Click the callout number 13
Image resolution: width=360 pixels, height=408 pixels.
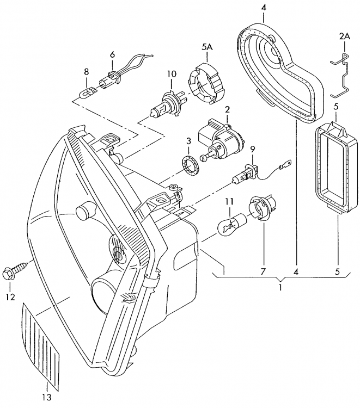click(x=48, y=397)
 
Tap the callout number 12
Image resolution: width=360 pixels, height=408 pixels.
click(x=10, y=297)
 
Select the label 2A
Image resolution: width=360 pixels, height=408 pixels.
click(x=344, y=36)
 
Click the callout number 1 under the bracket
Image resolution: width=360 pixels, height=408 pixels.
click(x=280, y=288)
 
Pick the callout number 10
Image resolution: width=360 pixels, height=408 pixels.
click(x=172, y=74)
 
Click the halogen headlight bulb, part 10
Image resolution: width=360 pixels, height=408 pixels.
click(x=167, y=104)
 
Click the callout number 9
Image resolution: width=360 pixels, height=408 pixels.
click(x=252, y=149)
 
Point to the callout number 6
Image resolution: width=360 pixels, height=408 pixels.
click(x=112, y=54)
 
